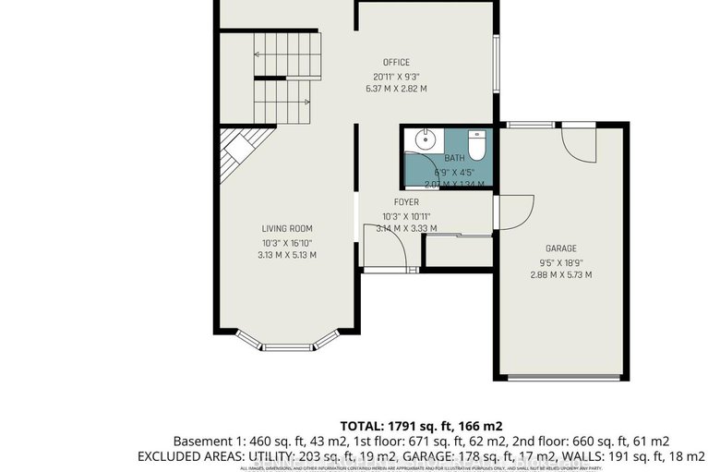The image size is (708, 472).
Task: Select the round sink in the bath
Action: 426,141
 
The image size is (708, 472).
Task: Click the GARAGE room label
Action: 560,248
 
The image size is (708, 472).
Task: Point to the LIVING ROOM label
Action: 287,229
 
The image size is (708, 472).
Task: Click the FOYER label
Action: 406,202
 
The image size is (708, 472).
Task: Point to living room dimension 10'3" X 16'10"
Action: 287,243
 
